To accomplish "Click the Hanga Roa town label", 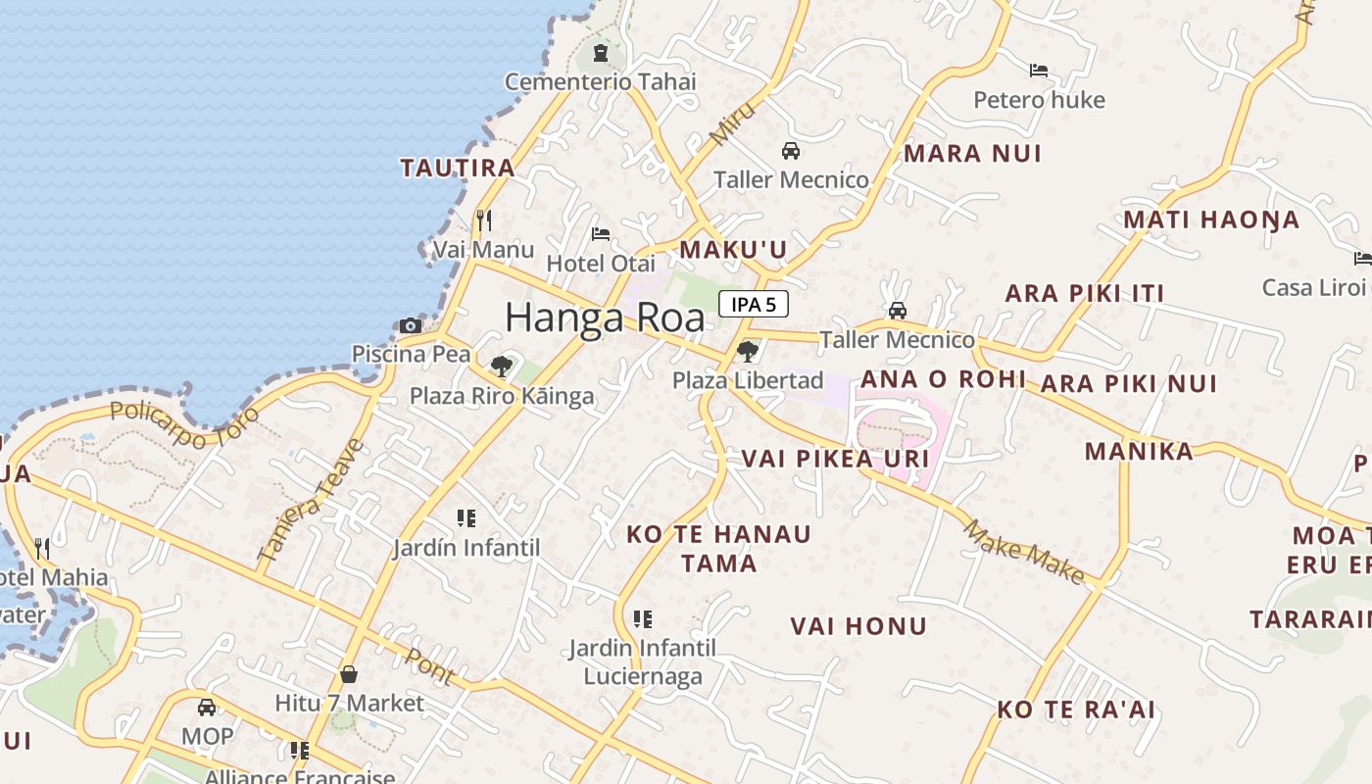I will point(605,318).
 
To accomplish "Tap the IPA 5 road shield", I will point(754,304).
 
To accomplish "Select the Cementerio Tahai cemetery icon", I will point(600,52).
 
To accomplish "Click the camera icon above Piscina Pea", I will point(411,326).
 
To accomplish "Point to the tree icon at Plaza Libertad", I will point(748,351).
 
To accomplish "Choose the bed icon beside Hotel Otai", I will point(601,234).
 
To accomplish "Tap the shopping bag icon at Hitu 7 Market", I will point(348,674).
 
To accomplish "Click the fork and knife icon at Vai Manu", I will point(483,220).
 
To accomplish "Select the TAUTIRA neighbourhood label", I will point(458,168).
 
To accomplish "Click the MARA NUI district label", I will point(972,153).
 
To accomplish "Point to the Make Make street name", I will point(1025,552).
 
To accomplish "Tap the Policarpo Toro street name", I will point(185,423).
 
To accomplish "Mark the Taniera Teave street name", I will point(311,501).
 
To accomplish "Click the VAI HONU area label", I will point(858,626).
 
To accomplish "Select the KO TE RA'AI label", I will point(1076,710).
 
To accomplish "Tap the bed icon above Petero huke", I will point(1039,71).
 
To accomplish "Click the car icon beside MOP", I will point(207,708).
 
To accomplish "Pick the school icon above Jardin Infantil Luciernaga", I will point(643,618).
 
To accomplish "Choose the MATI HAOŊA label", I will point(1211,220).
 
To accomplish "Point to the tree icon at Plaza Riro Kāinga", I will point(502,367).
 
